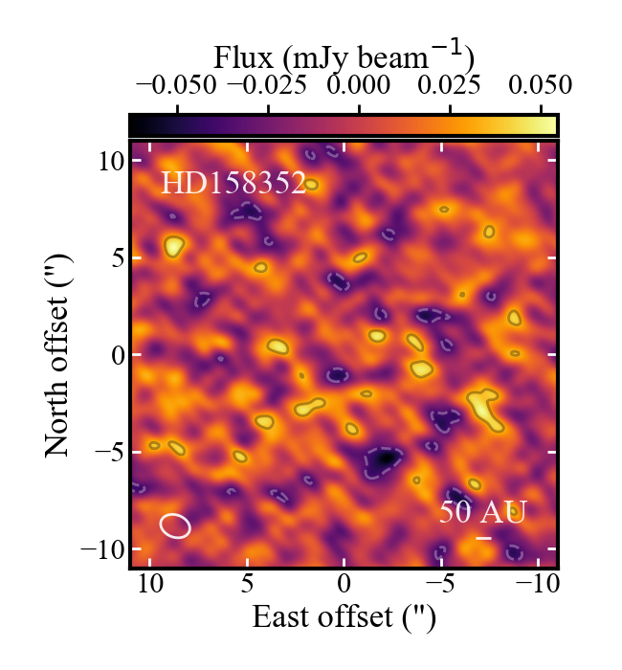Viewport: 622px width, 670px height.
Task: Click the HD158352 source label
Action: pyautogui.click(x=233, y=184)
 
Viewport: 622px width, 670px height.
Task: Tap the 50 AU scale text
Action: pyautogui.click(x=483, y=512)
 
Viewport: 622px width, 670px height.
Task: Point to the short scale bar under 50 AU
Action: pyautogui.click(x=484, y=538)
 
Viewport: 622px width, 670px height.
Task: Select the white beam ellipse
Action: pyautogui.click(x=175, y=525)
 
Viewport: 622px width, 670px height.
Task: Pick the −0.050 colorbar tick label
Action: pyautogui.click(x=176, y=84)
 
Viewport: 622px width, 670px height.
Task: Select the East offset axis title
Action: pyautogui.click(x=344, y=617)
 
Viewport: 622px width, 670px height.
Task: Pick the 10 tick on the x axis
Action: pyautogui.click(x=150, y=583)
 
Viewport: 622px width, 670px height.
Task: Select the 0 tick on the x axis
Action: pyautogui.click(x=344, y=583)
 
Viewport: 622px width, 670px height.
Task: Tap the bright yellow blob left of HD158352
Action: pyautogui.click(x=173, y=247)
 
